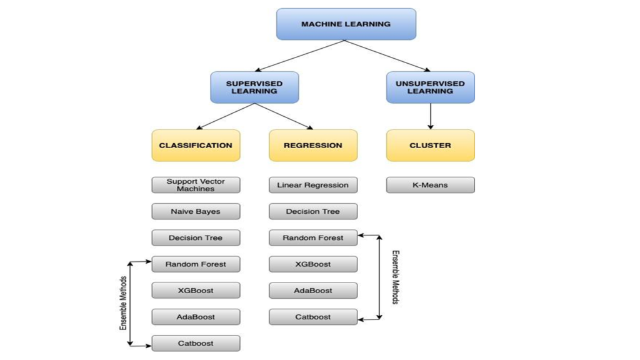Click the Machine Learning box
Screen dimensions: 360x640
[346, 24]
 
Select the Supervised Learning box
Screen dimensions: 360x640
[254, 87]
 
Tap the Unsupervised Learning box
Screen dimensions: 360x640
[430, 87]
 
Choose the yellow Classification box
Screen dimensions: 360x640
[196, 145]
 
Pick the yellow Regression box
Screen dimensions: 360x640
[313, 145]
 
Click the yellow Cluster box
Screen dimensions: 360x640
[430, 145]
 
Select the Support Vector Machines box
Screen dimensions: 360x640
[196, 185]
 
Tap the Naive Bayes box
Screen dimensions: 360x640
[196, 211]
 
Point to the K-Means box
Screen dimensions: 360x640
[430, 185]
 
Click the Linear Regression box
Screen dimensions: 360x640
[313, 185]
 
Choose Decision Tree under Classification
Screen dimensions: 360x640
[196, 237]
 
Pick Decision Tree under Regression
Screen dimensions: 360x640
[313, 211]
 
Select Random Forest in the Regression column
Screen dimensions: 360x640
[313, 237]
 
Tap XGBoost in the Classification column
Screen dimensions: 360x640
[196, 290]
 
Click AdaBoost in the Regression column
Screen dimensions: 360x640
[313, 290]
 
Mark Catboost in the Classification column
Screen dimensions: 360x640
[196, 342]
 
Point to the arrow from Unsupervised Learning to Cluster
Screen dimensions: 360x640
[430, 116]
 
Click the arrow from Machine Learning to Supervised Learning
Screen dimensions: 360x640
[300, 56]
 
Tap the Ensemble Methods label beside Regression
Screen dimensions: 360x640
[396, 277]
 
